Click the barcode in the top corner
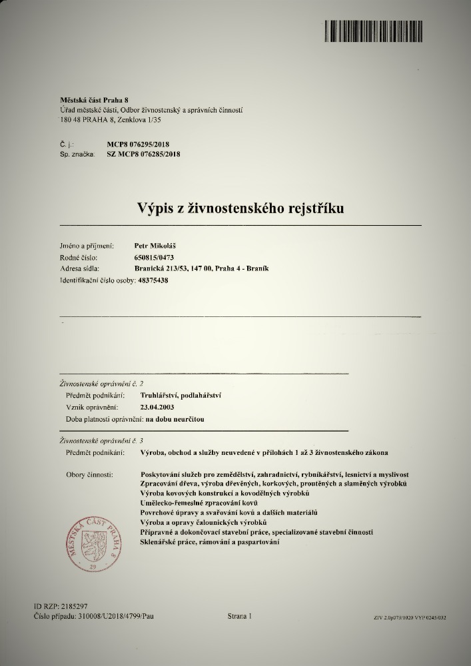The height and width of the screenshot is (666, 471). click(386, 32)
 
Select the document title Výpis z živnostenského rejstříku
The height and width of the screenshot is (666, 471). click(240, 208)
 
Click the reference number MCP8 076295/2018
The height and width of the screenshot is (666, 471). click(143, 143)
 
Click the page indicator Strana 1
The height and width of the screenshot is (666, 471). click(240, 617)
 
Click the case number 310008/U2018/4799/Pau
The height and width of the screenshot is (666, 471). click(112, 617)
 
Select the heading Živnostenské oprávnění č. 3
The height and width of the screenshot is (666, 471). click(101, 441)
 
